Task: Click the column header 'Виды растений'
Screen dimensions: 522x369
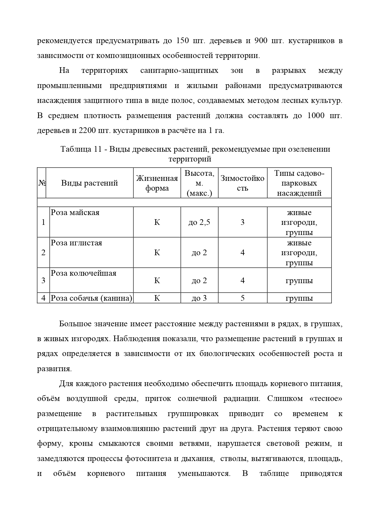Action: (x=89, y=183)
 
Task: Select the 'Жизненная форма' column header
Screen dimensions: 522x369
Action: (x=157, y=183)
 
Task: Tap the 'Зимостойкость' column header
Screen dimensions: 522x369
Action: (x=242, y=183)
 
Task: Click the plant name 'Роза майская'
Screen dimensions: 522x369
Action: (x=75, y=213)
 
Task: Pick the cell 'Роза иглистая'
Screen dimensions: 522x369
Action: (x=76, y=243)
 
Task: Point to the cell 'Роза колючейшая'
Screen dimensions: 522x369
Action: (x=84, y=273)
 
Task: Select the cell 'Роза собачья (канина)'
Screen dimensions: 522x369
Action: (x=91, y=298)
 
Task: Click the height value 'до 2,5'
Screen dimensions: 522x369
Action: (x=199, y=222)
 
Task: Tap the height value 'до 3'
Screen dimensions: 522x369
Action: (x=199, y=298)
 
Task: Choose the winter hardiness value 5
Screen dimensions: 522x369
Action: (x=242, y=298)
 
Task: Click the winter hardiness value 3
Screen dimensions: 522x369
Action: (x=242, y=222)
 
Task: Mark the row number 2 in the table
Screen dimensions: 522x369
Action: (x=43, y=253)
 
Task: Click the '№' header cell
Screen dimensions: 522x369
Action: (x=42, y=183)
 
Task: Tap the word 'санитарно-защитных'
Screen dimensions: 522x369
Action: (x=179, y=71)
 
